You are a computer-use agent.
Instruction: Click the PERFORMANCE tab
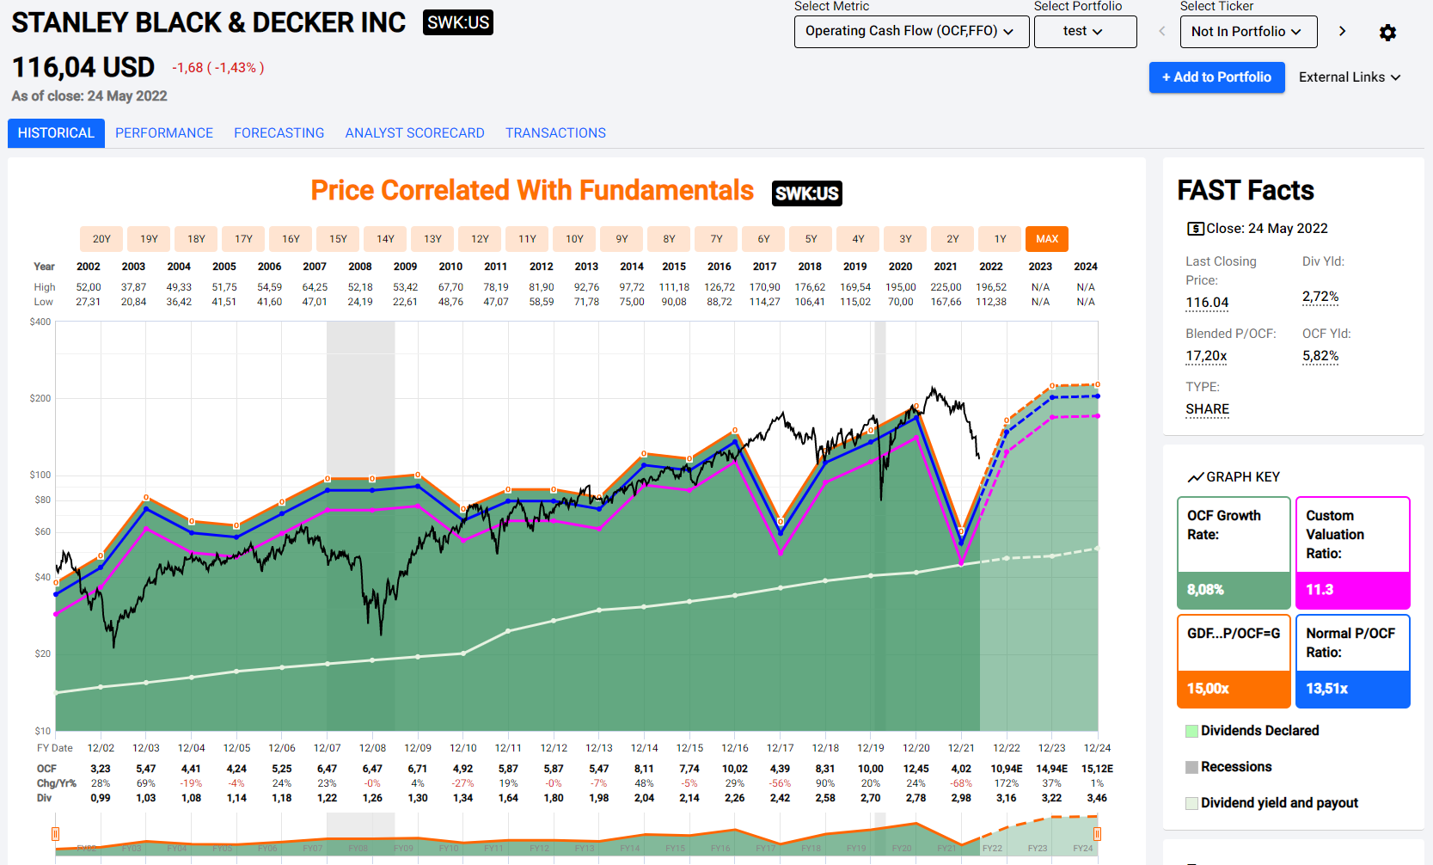click(164, 133)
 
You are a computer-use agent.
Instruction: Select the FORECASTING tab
click(279, 133)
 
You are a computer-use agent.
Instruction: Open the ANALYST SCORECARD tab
click(414, 133)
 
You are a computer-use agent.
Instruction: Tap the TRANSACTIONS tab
click(555, 133)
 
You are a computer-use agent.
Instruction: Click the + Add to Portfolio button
click(1216, 77)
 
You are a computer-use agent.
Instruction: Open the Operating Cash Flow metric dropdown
click(910, 32)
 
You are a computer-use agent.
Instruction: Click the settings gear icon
click(1387, 33)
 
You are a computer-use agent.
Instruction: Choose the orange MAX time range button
click(1046, 239)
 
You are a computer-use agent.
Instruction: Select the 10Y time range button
click(574, 239)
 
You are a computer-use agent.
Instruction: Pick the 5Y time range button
click(811, 239)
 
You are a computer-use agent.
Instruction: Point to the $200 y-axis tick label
click(40, 398)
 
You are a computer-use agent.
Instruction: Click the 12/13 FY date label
click(599, 748)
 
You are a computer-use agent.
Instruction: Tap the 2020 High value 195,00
click(900, 287)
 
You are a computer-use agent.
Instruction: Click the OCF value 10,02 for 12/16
click(734, 769)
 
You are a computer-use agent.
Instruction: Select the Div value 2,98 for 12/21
click(961, 798)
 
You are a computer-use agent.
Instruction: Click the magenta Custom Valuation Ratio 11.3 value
click(1320, 590)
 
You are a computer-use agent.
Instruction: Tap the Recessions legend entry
click(1235, 767)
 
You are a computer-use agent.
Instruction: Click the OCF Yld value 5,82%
click(1320, 356)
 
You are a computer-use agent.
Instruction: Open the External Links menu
click(1349, 77)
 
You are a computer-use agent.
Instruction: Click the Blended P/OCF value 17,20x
click(1206, 356)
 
